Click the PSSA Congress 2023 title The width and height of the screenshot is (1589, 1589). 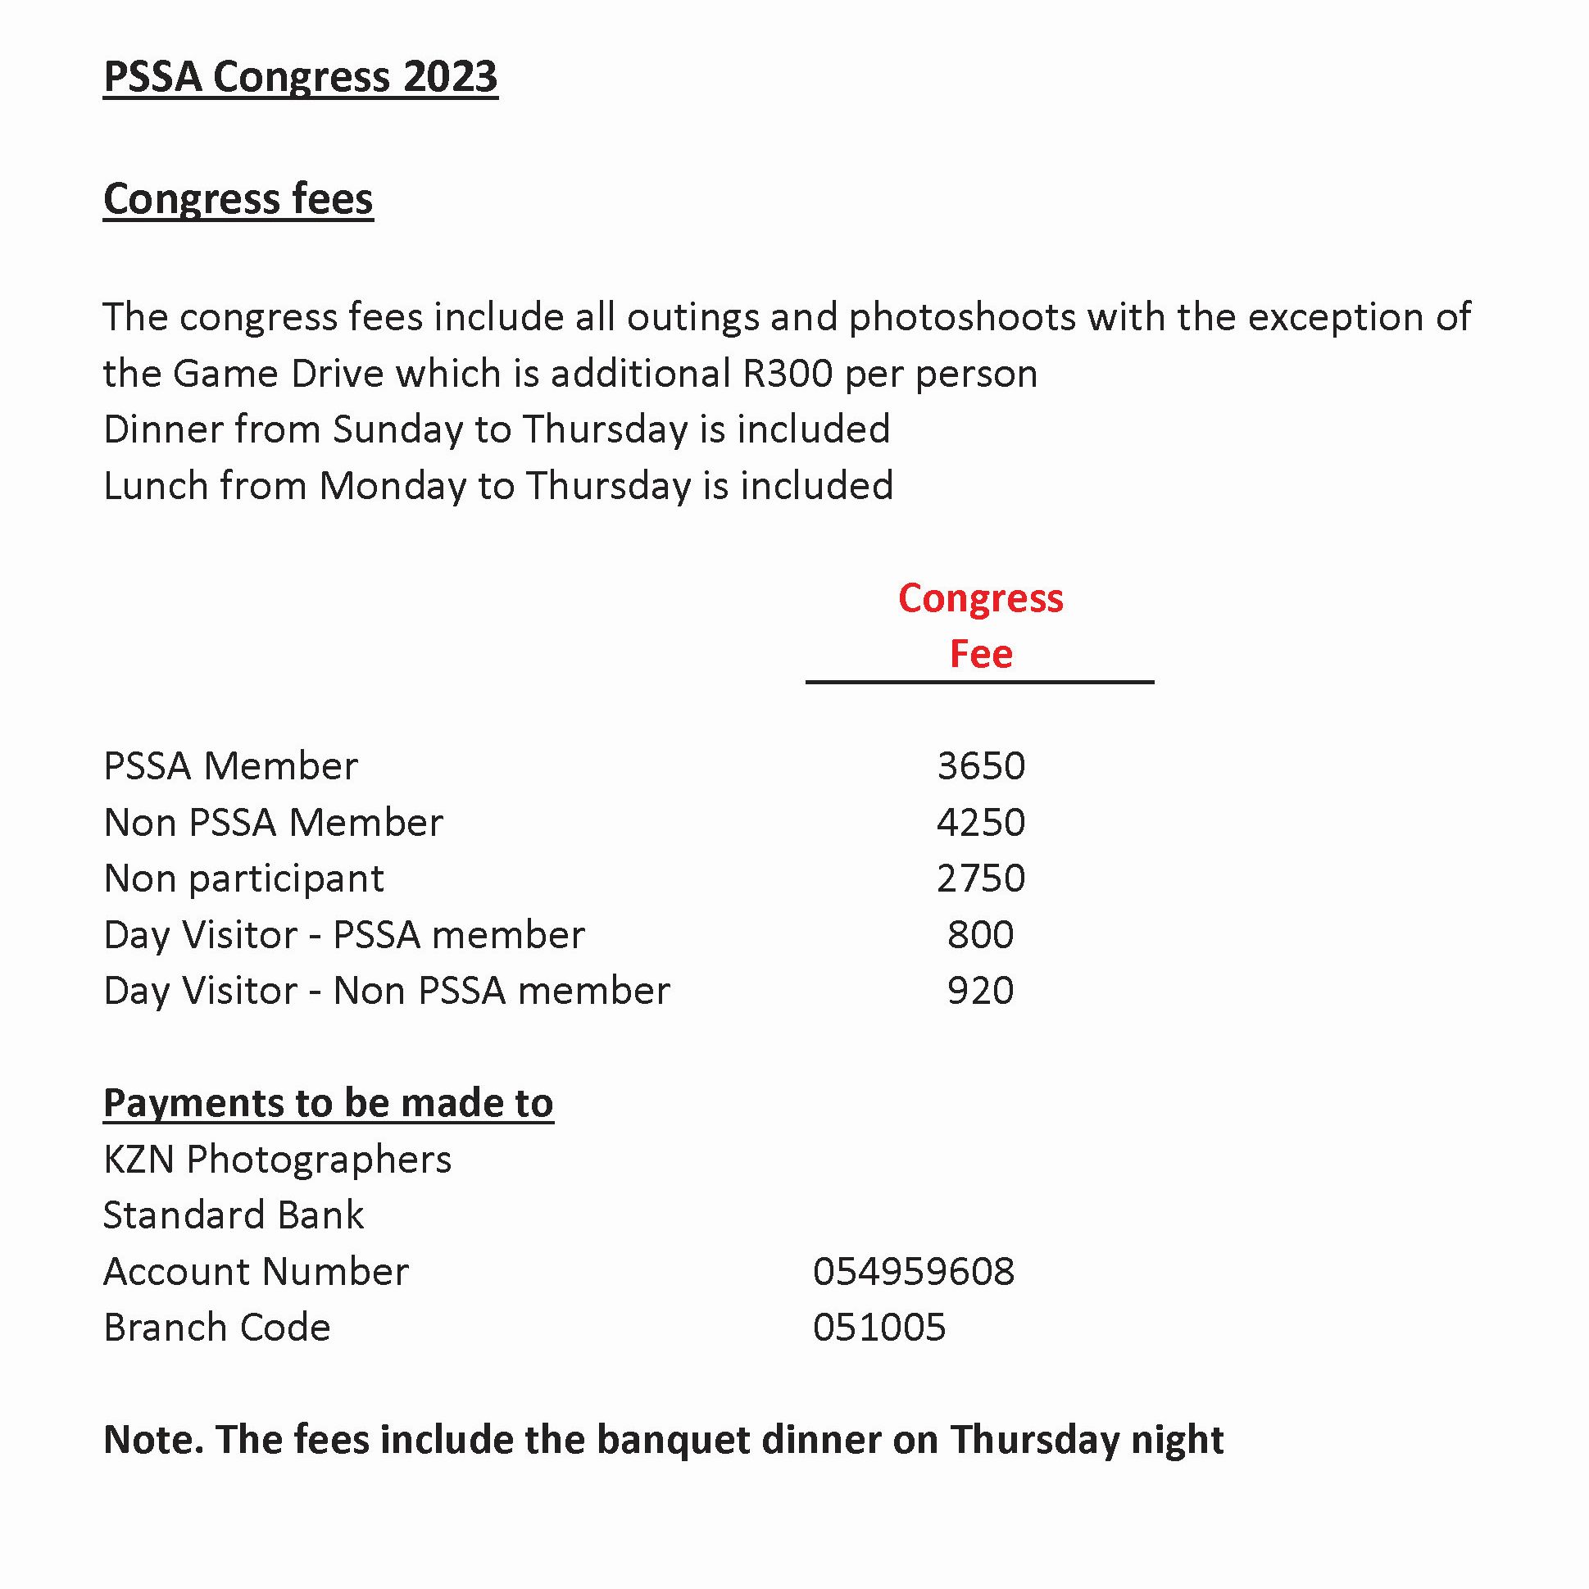coord(300,77)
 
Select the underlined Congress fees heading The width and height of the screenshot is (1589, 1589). coord(238,199)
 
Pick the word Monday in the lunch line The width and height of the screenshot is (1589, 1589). coord(392,486)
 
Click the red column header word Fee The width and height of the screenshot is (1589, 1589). coord(980,655)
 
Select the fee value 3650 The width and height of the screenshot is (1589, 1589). coord(980,766)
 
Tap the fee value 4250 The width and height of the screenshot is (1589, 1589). coord(980,823)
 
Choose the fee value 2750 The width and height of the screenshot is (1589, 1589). coord(980,878)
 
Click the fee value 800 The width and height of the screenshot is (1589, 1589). coord(980,935)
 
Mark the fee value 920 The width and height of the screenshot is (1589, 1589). coord(980,991)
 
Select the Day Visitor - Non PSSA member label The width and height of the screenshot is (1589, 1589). coord(387,991)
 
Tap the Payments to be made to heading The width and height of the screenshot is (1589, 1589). coord(328,1104)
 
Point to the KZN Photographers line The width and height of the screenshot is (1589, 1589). coord(277,1160)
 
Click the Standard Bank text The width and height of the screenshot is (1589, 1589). coord(234,1215)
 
